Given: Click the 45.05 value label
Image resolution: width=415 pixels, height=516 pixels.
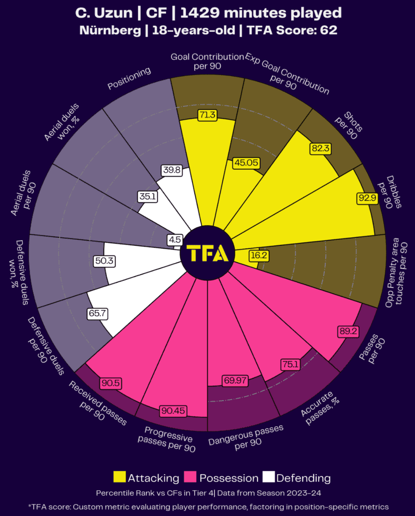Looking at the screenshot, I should tap(246, 163).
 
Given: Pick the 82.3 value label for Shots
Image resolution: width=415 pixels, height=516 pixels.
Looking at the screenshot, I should tap(320, 149).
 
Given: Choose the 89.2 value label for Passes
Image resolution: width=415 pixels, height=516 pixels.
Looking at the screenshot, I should tap(347, 332).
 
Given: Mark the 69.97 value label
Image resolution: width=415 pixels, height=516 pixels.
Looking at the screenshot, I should tap(235, 380).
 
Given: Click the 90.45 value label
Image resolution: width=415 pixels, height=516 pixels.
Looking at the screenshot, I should tap(173, 411).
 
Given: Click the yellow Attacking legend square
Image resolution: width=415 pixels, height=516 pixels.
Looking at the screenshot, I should tap(120, 477).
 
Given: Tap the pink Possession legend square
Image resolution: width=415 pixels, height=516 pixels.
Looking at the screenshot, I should tap(191, 477).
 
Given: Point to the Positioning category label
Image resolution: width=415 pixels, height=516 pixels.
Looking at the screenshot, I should tap(130, 79).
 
